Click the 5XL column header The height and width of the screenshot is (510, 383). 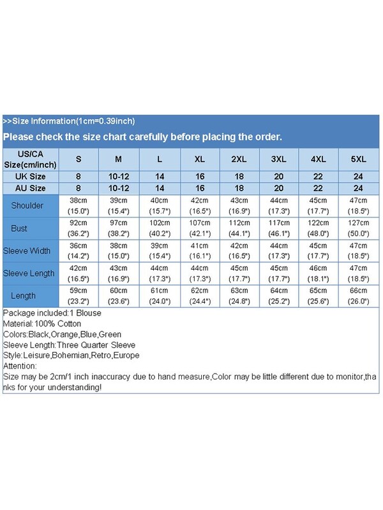359,159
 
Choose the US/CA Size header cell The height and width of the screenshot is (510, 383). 30,159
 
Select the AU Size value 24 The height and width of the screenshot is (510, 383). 359,188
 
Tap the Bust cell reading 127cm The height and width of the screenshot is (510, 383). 359,223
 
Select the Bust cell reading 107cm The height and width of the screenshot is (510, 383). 199,223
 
